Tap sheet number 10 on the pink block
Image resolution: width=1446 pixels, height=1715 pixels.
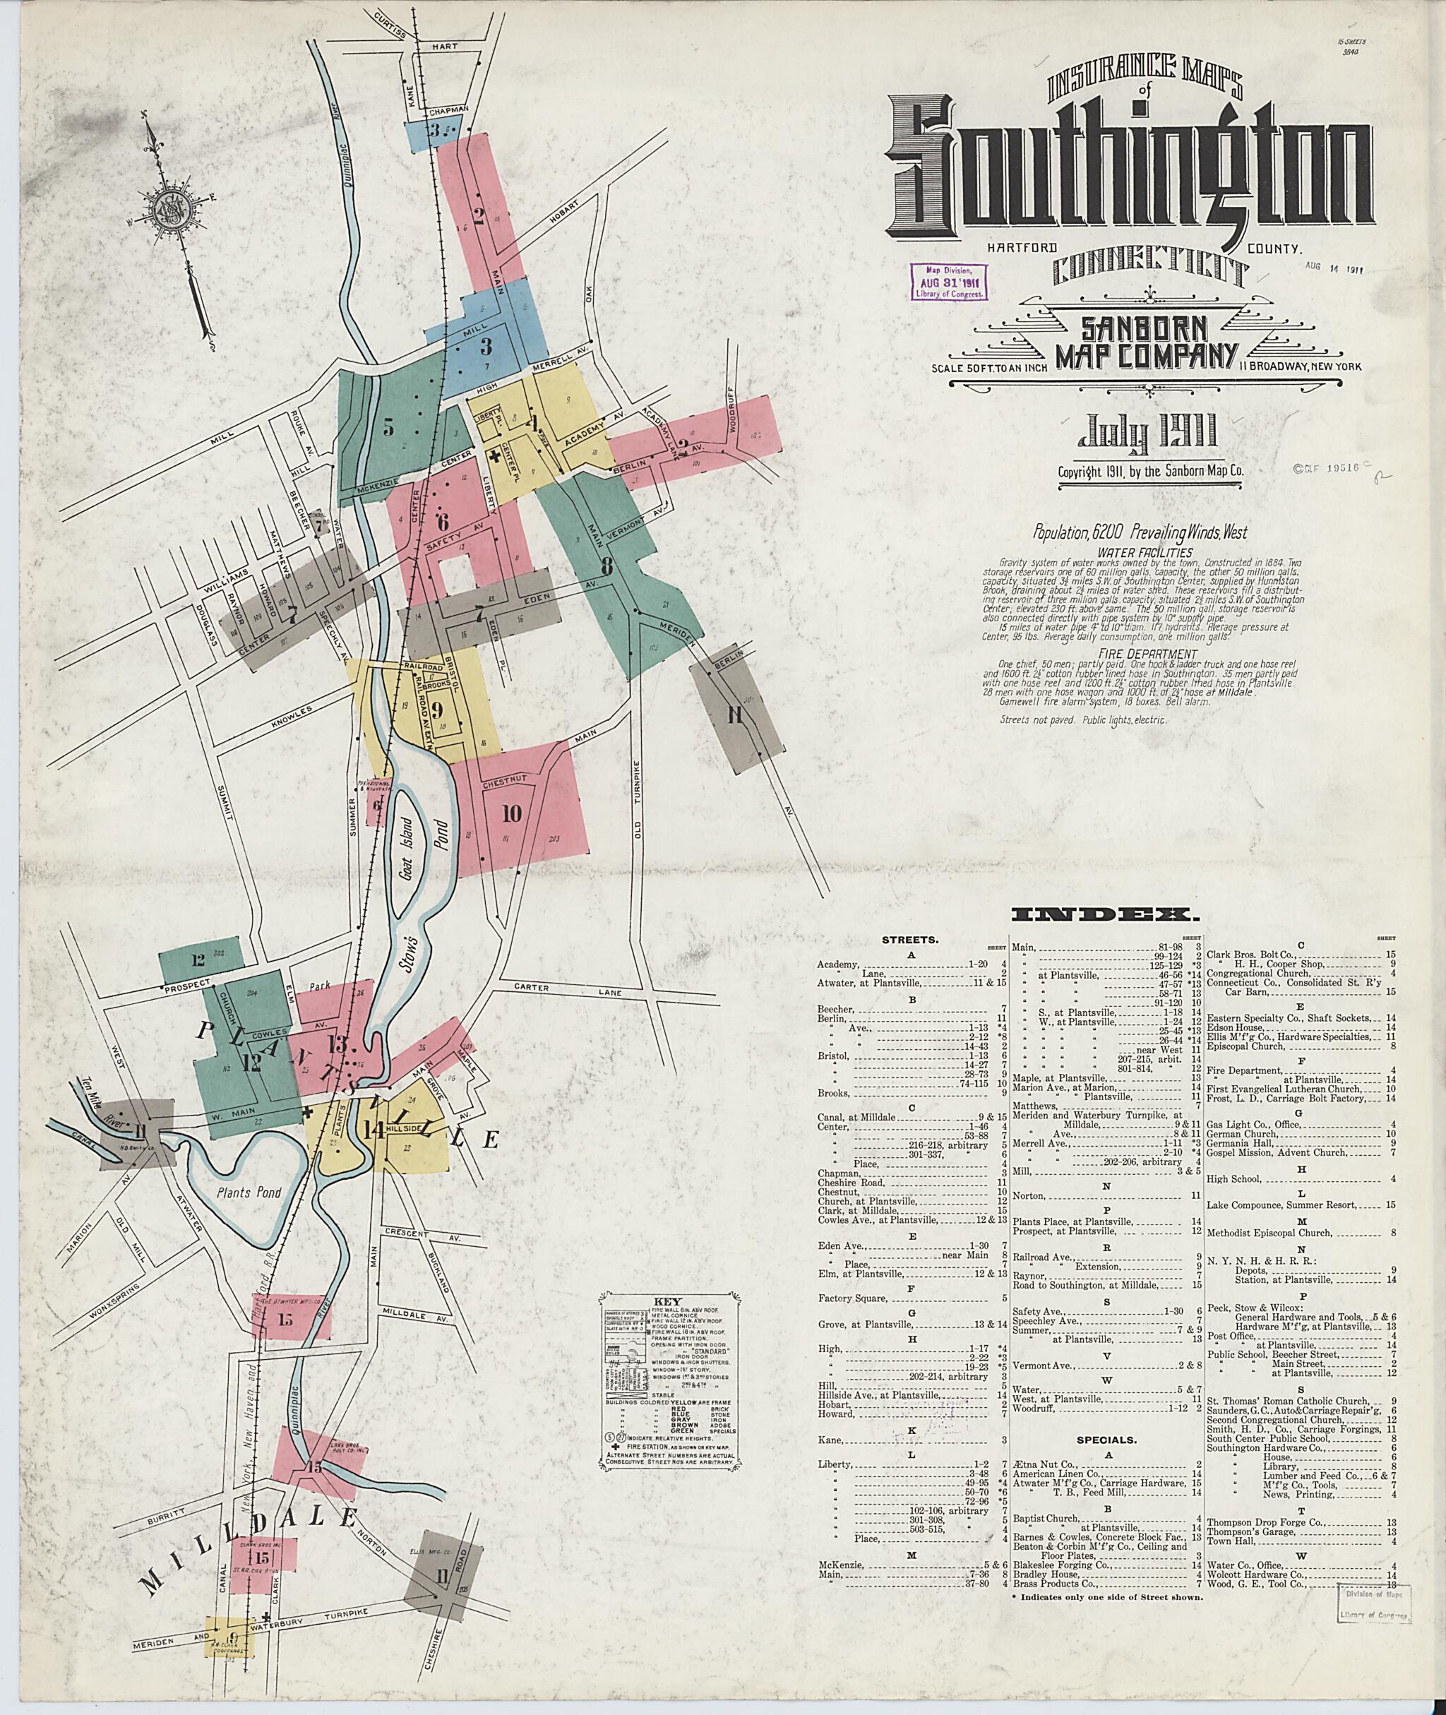coord(511,813)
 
